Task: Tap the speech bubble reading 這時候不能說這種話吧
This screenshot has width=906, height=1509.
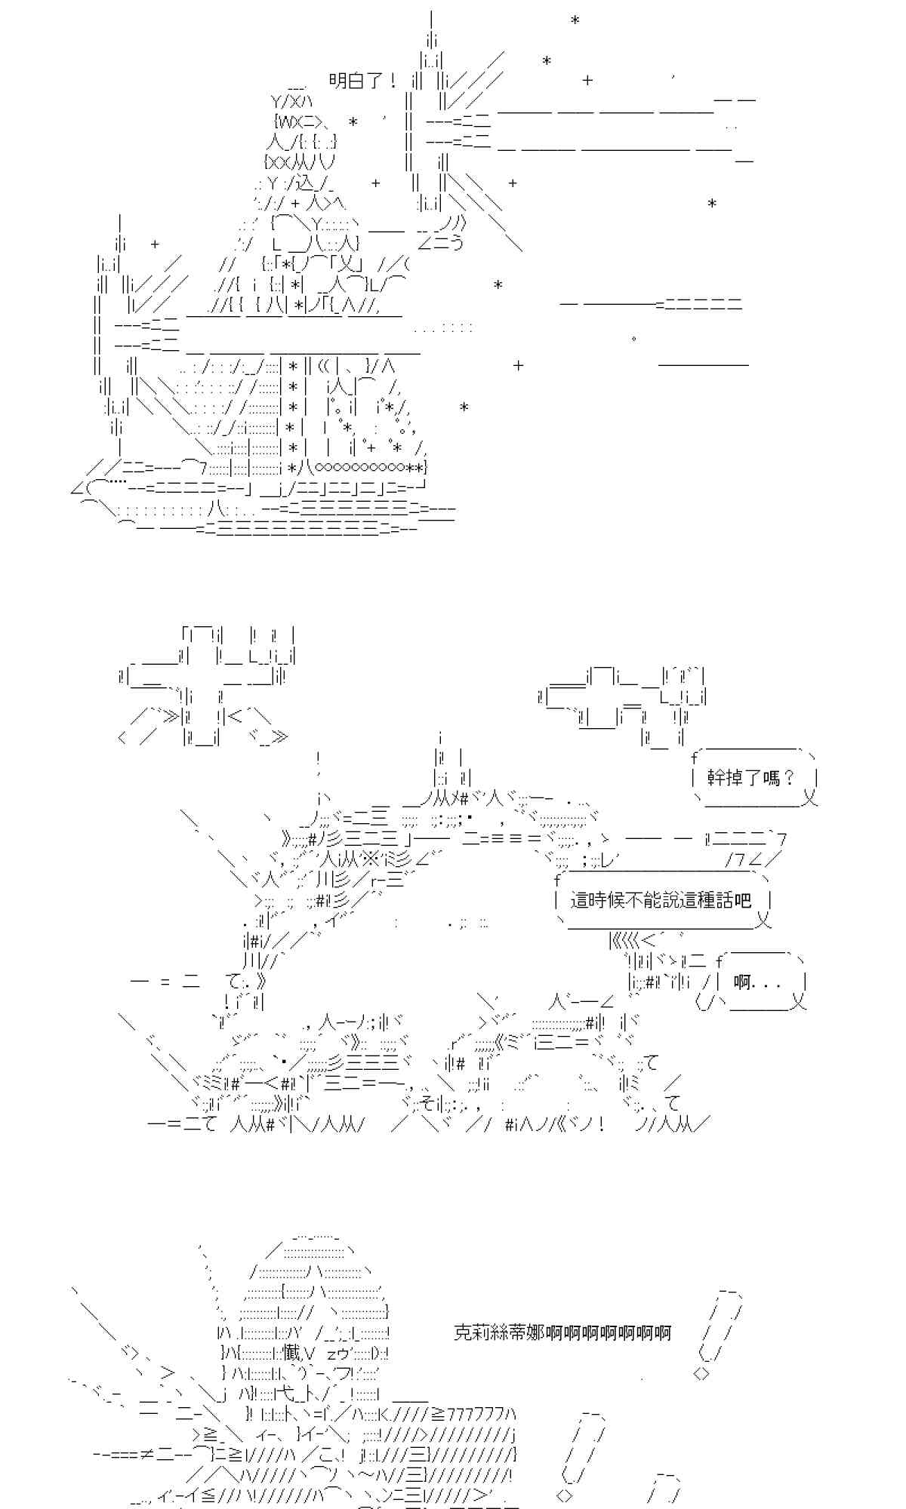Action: (661, 899)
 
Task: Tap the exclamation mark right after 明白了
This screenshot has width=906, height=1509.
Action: (395, 81)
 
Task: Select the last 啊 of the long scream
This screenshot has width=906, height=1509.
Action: (662, 1332)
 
